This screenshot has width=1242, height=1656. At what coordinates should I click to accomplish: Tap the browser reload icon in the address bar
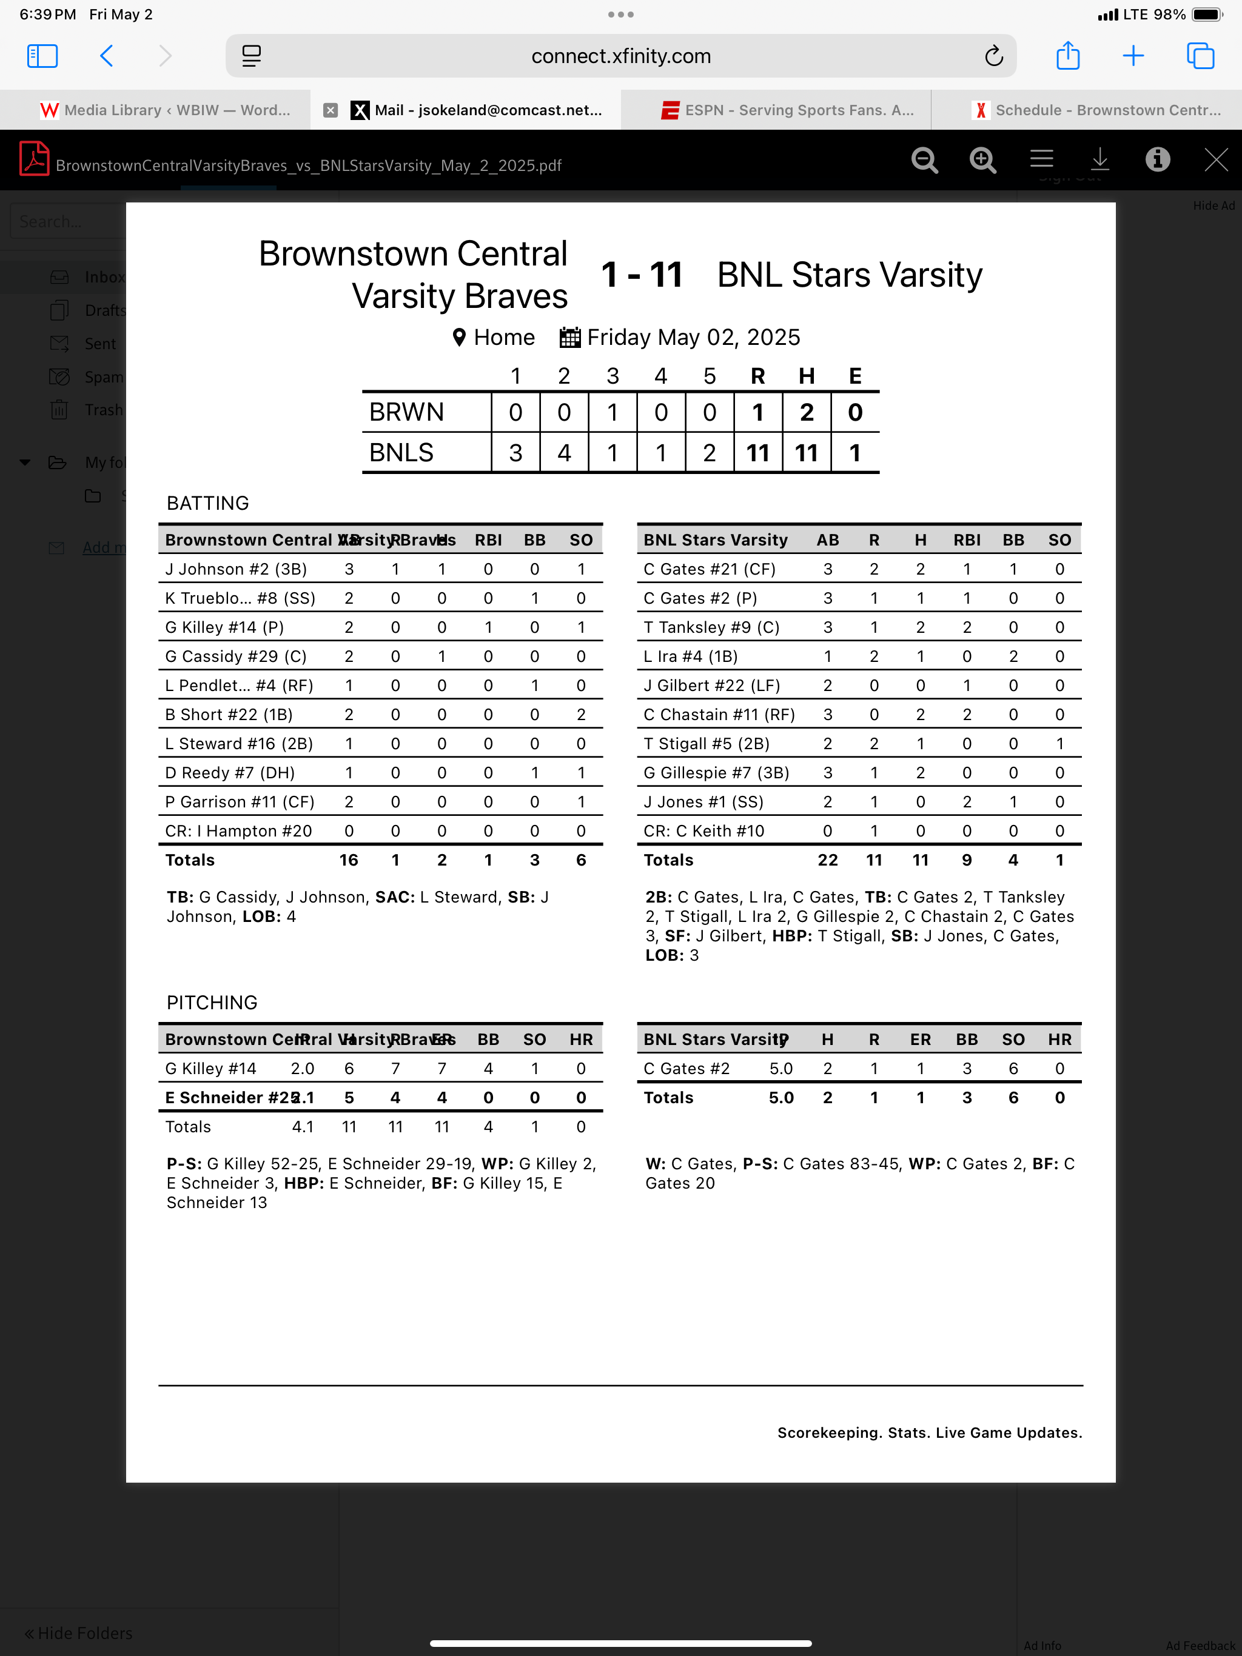(x=993, y=56)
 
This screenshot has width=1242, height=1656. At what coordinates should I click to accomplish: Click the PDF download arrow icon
(x=1099, y=159)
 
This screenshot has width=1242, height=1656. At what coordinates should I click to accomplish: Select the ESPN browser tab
(x=787, y=110)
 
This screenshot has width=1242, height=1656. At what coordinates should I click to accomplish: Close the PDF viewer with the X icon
(x=1215, y=159)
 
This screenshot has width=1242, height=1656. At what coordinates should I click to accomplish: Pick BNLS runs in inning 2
(x=564, y=453)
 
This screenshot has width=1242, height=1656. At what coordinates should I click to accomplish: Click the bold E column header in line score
(x=854, y=376)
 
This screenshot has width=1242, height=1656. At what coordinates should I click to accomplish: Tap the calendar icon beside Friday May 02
(x=569, y=338)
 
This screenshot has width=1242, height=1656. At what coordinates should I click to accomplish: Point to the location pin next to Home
(x=459, y=338)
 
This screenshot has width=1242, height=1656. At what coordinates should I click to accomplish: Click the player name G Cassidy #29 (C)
(x=236, y=656)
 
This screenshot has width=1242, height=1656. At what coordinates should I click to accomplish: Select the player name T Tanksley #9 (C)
(x=711, y=627)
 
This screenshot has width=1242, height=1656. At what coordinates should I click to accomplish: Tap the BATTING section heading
(x=207, y=503)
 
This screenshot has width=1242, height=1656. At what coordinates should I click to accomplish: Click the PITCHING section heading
(x=212, y=1003)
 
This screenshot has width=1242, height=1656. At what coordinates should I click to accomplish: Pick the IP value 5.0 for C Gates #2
(x=780, y=1068)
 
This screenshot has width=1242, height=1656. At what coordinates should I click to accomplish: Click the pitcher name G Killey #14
(x=210, y=1068)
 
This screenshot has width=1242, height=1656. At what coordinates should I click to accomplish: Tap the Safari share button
(x=1067, y=56)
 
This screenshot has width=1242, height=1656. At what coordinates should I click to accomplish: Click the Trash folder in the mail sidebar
(x=102, y=410)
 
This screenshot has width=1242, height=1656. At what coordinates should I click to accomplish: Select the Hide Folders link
(x=79, y=1633)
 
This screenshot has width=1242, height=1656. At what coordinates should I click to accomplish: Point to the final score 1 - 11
(x=642, y=275)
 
